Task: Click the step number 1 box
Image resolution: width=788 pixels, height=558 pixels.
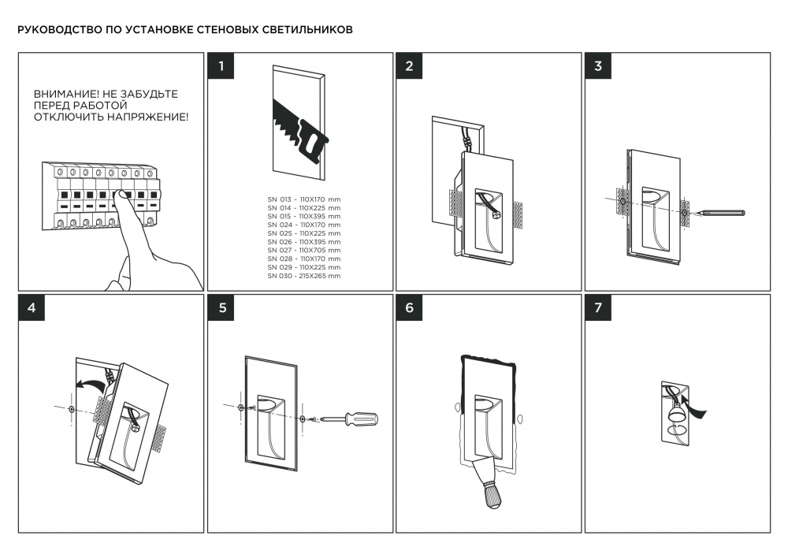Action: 221,66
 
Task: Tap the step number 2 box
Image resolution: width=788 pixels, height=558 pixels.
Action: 409,66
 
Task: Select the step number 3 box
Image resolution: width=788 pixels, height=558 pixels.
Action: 598,66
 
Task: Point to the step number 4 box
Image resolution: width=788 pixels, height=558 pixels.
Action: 32,308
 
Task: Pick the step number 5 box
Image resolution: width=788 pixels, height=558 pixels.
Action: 221,308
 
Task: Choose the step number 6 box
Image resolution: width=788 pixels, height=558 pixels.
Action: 409,308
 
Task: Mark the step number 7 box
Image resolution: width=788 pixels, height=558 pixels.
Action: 598,308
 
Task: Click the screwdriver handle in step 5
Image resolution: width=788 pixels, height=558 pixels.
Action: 362,418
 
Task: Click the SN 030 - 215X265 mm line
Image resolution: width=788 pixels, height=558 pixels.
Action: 303,276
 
